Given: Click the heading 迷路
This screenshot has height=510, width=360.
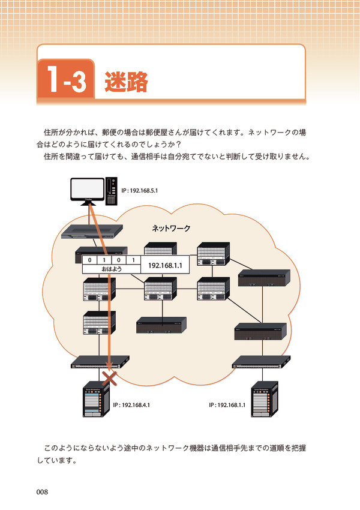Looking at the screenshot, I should click(x=126, y=82).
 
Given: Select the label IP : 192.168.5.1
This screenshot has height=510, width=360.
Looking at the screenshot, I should click(x=140, y=190).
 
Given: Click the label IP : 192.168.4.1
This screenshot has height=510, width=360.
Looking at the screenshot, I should click(x=131, y=405).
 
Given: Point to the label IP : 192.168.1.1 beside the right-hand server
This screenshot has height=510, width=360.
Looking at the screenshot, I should click(x=227, y=405).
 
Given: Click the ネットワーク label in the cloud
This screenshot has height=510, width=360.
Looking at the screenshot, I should click(x=170, y=228).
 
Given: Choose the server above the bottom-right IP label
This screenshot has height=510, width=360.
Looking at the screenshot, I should click(x=265, y=399).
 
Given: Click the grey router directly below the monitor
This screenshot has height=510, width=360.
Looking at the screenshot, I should click(x=93, y=232).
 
